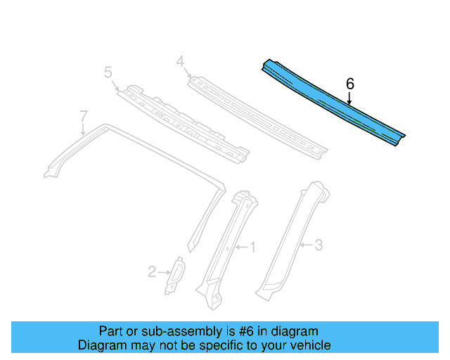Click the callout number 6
point(350,84)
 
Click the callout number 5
point(108,72)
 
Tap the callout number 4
point(180,62)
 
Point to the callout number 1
point(253,246)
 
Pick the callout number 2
point(151,271)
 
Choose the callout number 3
point(319,245)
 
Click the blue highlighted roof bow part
point(330,102)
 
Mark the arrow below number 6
point(350,99)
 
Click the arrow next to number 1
point(241,247)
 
